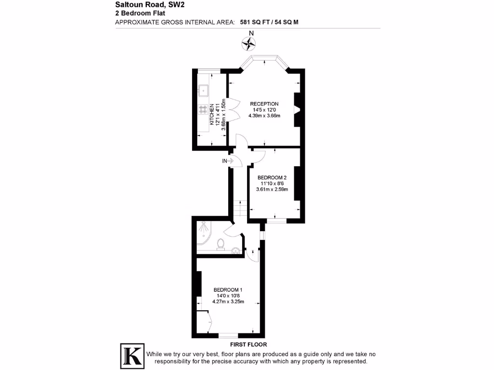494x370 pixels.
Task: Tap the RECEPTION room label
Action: tap(264, 104)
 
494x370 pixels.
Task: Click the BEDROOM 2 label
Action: tap(272, 177)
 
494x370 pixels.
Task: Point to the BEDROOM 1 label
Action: tap(228, 290)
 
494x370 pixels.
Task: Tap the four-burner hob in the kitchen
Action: tap(203, 109)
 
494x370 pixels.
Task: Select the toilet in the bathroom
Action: tap(221, 244)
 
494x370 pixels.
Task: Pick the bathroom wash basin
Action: tap(235, 251)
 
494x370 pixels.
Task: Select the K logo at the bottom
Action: tap(132, 356)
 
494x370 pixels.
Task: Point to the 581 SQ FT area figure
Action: tap(255, 22)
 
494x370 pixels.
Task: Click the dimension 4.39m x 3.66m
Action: tap(264, 116)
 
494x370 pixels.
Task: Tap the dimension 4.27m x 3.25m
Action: tap(228, 302)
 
